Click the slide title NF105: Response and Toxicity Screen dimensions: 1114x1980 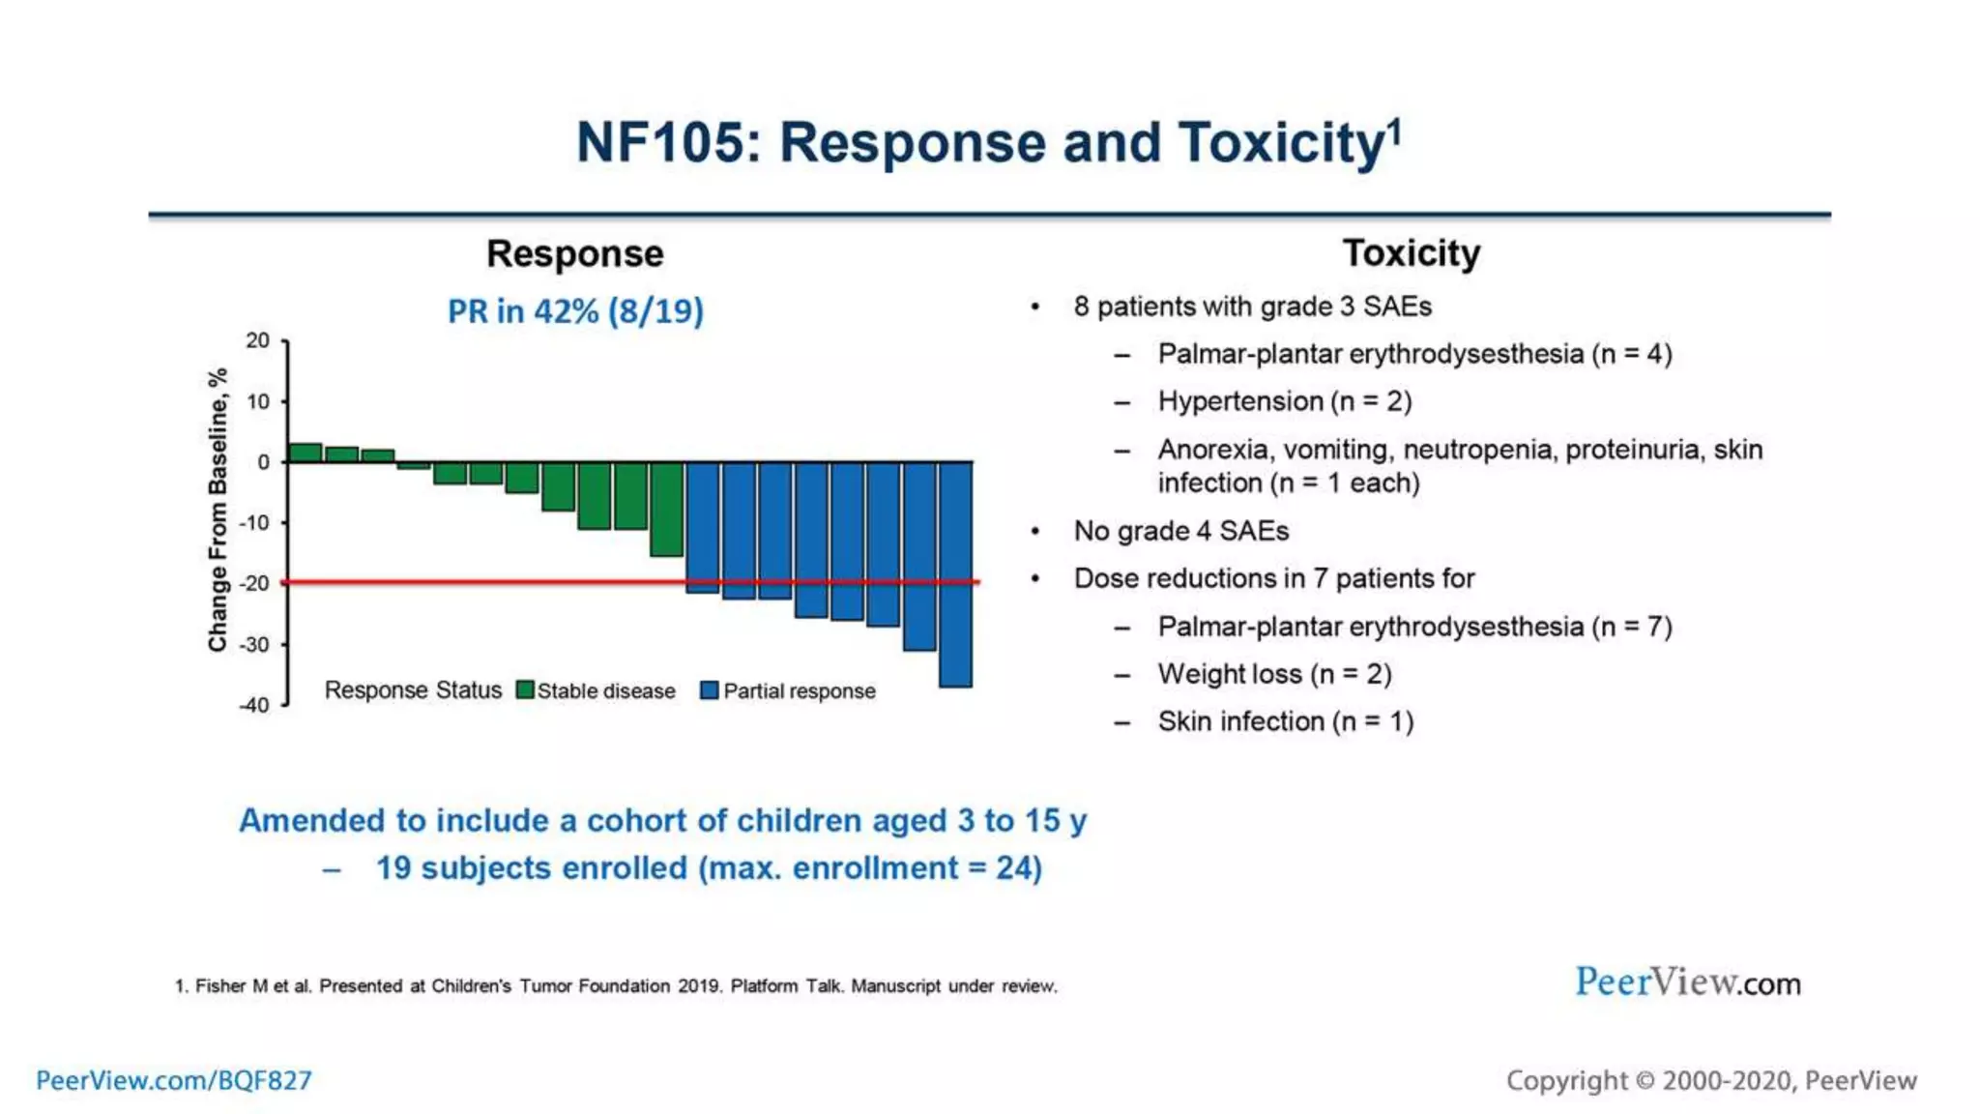coord(988,143)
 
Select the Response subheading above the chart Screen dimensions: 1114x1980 coord(575,253)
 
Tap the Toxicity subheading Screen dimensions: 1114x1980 coord(1411,253)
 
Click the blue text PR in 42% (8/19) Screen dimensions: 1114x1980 coord(575,311)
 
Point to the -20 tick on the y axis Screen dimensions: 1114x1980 coord(256,583)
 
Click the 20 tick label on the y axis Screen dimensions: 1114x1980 coord(257,340)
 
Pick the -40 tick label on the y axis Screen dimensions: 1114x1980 coord(255,705)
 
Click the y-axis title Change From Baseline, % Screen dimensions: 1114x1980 coord(218,510)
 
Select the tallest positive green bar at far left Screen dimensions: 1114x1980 coord(306,453)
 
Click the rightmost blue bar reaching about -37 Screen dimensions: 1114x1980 coord(955,574)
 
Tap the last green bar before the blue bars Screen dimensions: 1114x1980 coord(667,509)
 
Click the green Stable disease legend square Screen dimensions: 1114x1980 coord(525,690)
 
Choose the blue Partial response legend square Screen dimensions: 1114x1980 coord(710,690)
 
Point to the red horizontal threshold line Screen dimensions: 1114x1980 coord(483,582)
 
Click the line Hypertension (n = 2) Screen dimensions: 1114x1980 coord(1284,401)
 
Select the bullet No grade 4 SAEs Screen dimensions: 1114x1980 coord(1180,531)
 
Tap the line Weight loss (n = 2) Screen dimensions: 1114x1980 coord(1274,674)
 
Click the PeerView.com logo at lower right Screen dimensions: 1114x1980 coord(1687,982)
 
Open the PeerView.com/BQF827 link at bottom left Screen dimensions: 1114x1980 coord(174,1080)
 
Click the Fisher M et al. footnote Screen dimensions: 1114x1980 coord(616,986)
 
